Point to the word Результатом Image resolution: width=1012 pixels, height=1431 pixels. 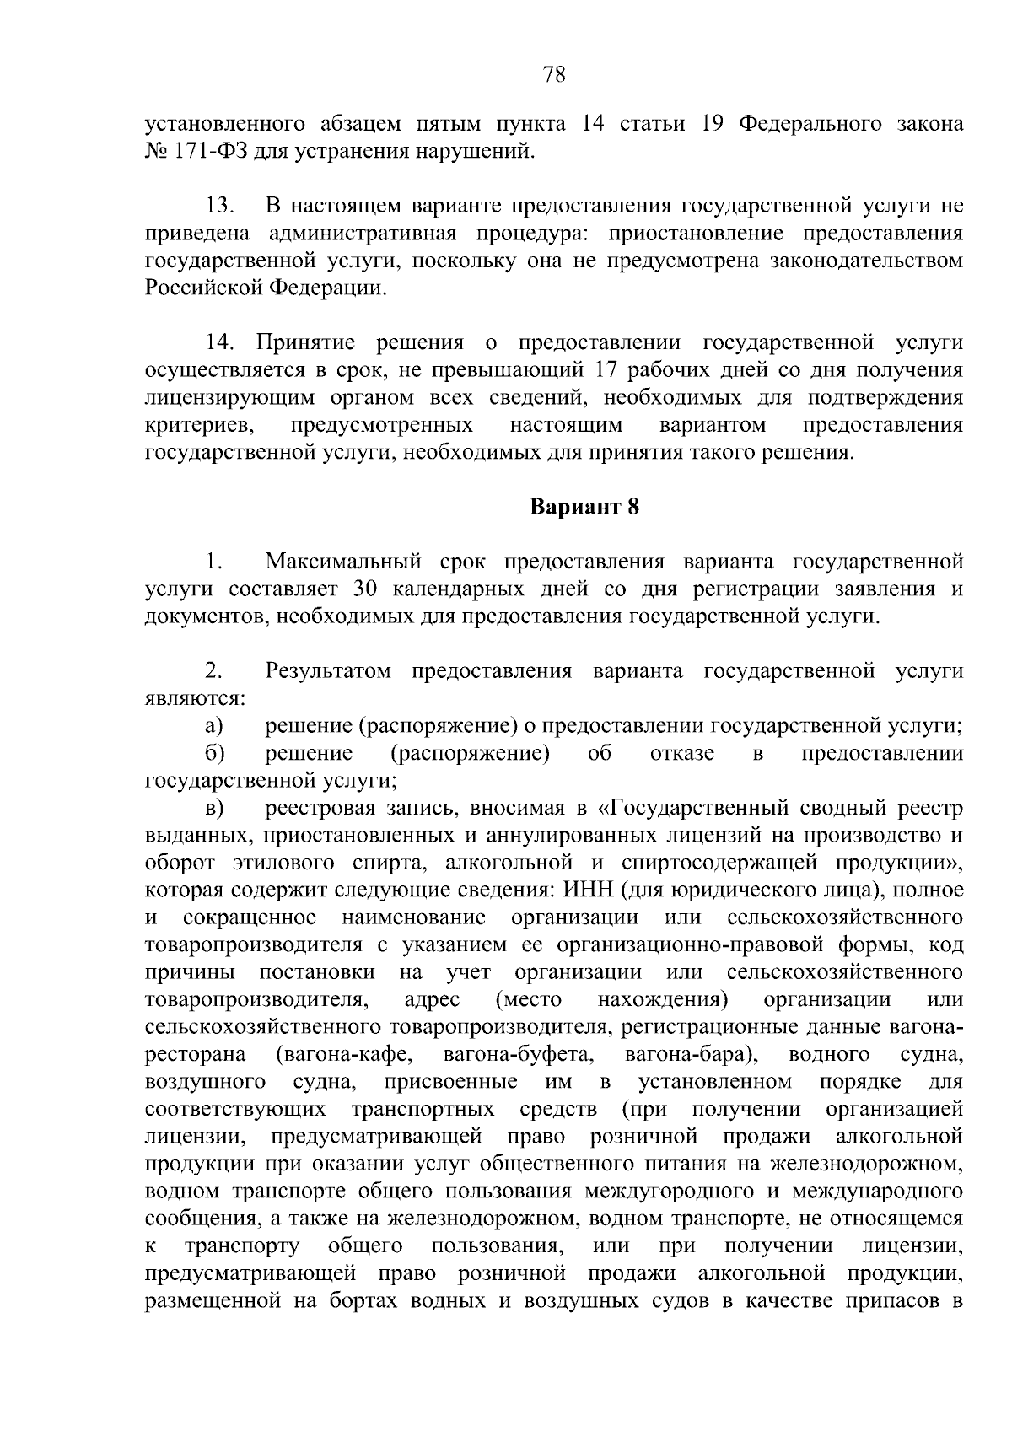click(x=329, y=671)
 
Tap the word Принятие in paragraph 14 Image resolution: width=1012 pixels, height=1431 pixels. click(x=305, y=343)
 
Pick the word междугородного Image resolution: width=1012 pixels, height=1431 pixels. click(x=665, y=1192)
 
